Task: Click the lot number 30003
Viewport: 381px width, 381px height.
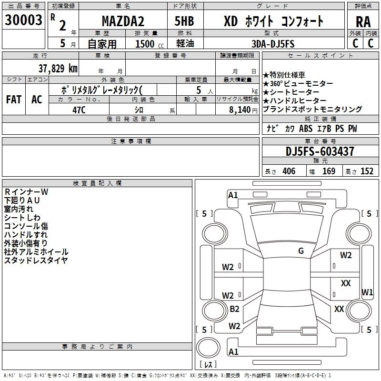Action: [23, 20]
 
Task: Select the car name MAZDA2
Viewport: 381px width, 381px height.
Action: [123, 21]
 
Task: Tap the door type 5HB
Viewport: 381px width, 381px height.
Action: [184, 21]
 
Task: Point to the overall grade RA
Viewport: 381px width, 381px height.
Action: [363, 22]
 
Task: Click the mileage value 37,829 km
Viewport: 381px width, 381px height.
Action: [58, 68]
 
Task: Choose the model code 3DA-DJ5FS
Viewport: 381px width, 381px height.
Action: [273, 44]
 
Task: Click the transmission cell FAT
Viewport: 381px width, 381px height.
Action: [14, 100]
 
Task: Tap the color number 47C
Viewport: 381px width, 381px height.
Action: [79, 110]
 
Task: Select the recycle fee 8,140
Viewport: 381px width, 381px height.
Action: [240, 110]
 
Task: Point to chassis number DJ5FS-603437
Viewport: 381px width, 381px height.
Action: [320, 151]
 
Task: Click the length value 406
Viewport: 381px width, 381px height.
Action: [289, 171]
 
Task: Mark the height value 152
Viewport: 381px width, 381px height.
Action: [367, 171]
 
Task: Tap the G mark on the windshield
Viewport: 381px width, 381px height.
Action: [301, 251]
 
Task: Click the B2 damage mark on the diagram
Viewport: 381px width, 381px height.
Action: [234, 309]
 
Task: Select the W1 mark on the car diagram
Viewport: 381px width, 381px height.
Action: [367, 292]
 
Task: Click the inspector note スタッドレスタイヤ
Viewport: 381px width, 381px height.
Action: [36, 260]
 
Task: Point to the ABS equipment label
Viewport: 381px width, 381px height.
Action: [306, 128]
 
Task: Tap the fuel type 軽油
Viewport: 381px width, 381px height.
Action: [185, 43]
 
